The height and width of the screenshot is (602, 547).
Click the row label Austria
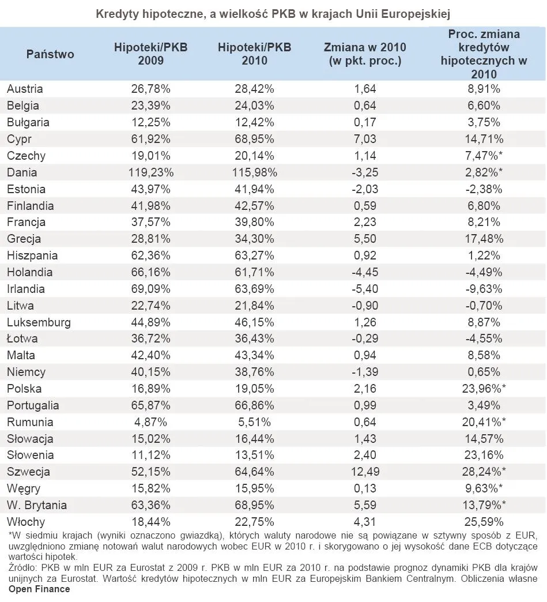coord(25,89)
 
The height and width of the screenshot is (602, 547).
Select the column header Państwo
coord(50,54)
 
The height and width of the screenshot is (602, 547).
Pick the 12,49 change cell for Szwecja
coord(365,472)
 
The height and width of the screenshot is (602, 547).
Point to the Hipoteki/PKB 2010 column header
coord(254,54)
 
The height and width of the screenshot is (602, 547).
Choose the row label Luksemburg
coord(39,322)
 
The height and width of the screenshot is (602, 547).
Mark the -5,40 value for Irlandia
coord(365,289)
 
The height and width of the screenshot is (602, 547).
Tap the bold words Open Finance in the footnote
coord(39,589)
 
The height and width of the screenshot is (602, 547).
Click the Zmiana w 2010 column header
coord(365,54)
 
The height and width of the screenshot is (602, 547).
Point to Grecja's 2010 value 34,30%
coord(254,239)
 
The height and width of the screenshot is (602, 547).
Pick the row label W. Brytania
coord(37,505)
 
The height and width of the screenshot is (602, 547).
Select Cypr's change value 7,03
coord(365,139)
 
